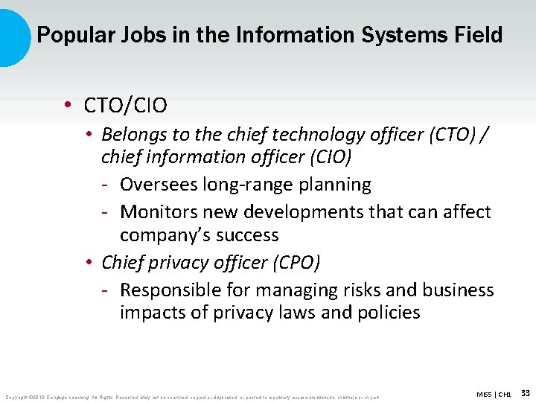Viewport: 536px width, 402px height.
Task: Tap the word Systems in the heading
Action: coord(385,34)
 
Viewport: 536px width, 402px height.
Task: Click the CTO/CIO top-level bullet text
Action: coord(126,106)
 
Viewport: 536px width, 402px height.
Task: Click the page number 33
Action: coord(525,392)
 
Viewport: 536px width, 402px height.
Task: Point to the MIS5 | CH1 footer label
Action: coord(493,393)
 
